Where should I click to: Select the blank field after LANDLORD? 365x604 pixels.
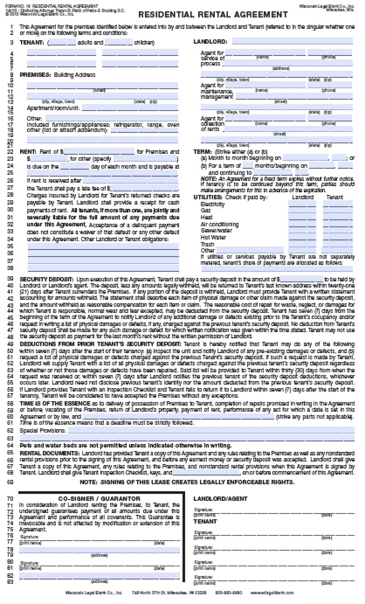(x=292, y=42)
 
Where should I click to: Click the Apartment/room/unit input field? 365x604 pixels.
(x=130, y=108)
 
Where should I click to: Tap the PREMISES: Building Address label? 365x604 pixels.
(x=58, y=75)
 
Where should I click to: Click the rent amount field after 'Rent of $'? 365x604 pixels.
(x=99, y=152)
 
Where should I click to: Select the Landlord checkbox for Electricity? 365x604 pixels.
(x=302, y=204)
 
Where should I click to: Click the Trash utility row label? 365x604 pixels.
(x=207, y=244)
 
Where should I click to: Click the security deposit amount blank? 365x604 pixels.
(x=301, y=279)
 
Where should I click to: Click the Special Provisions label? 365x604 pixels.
(x=43, y=430)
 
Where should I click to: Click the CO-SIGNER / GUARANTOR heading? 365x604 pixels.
(x=99, y=499)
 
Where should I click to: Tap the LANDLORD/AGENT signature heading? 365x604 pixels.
(x=220, y=499)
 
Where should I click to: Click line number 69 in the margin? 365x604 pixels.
(x=10, y=482)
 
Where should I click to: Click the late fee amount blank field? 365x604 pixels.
(x=147, y=188)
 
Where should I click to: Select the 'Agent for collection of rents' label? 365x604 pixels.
(x=212, y=124)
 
